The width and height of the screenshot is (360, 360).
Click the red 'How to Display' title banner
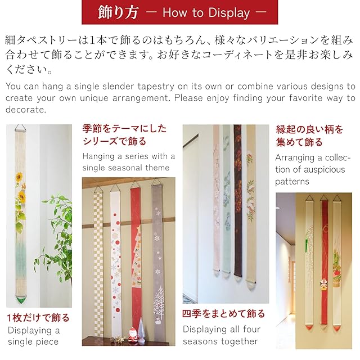click(x=179, y=12)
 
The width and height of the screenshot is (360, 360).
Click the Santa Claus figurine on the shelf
click(x=133, y=335)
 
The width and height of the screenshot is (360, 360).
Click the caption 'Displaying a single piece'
click(x=34, y=336)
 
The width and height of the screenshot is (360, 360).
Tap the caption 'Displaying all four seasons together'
click(x=222, y=335)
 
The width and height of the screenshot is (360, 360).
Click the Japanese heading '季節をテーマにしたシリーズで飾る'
click(x=124, y=135)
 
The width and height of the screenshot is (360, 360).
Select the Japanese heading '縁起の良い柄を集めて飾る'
click(x=309, y=136)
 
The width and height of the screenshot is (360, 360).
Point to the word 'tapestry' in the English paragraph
click(x=156, y=86)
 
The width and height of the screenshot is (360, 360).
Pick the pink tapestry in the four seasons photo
click(x=216, y=197)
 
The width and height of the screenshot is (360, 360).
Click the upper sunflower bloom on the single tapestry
click(x=19, y=178)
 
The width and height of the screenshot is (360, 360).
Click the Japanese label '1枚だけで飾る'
click(x=38, y=318)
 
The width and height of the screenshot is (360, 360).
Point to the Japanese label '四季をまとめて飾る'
click(x=223, y=314)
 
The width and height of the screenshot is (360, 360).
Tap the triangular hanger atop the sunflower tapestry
click(x=21, y=128)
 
